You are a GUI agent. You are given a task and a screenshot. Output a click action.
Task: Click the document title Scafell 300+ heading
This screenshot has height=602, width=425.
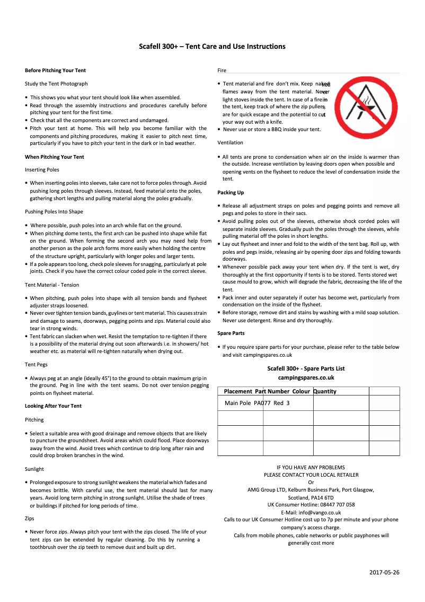coord(212,47)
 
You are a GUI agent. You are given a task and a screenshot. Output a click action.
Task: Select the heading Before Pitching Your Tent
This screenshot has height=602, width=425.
coord(55,71)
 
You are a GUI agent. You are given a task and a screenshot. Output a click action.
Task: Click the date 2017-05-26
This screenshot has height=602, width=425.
coord(384,572)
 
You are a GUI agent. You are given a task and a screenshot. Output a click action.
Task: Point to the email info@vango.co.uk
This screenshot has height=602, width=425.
coord(311,512)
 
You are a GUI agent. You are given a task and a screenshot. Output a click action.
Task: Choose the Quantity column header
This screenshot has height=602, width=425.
coord(325,391)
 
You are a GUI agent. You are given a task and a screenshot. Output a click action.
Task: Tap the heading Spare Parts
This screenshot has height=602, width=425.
coord(231,333)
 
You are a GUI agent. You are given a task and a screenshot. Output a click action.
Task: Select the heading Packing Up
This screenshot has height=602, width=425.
coord(231,193)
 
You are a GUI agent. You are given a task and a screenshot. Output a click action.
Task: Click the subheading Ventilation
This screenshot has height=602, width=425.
coord(230,143)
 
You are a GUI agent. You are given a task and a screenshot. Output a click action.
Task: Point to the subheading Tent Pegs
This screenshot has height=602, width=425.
coord(36,365)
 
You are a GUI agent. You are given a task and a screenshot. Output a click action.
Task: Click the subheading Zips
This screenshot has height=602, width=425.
coord(29,518)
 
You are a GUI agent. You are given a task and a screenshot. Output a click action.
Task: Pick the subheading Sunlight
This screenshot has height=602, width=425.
coord(34,469)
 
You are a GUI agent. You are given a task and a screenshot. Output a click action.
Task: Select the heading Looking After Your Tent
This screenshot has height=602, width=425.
coord(53,406)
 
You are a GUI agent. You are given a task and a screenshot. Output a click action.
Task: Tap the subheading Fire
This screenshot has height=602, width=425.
coord(222,71)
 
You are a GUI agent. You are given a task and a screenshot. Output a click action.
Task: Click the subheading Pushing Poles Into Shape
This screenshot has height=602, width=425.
coord(54,212)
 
